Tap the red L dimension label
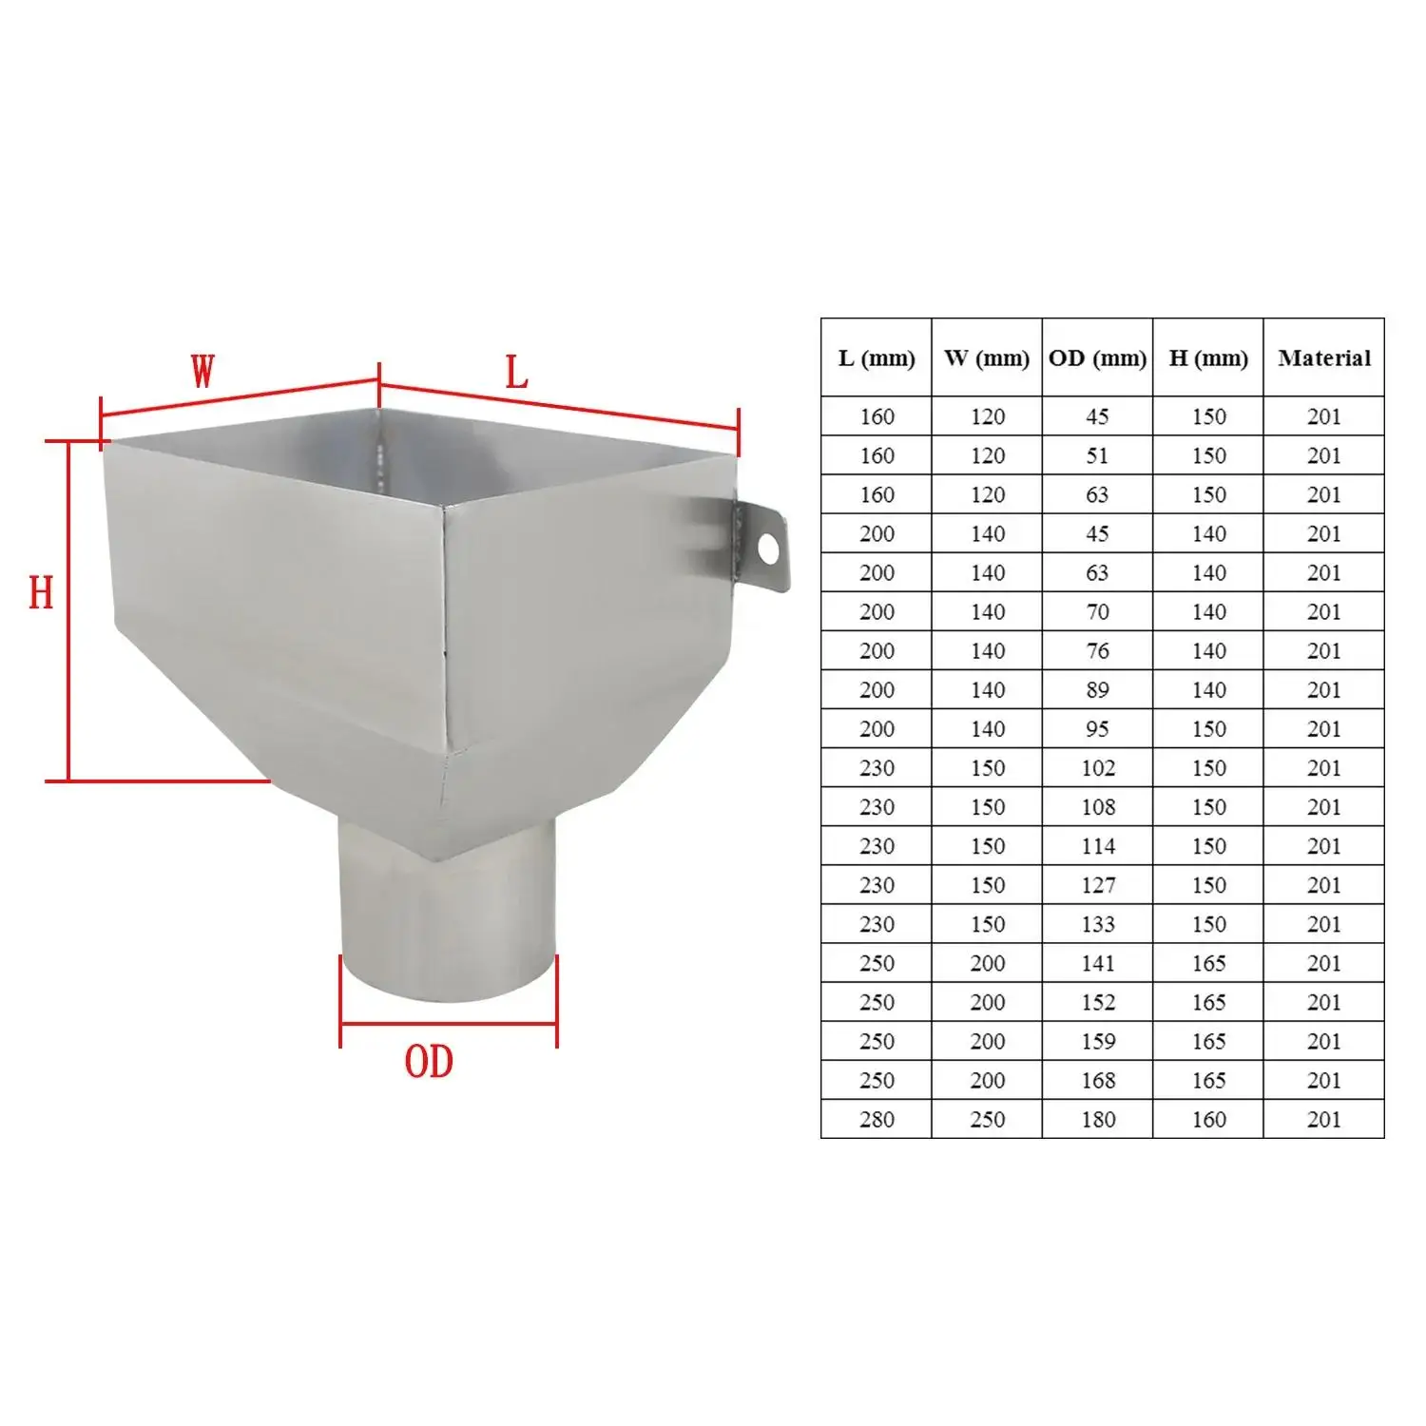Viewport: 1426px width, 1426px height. click(x=516, y=374)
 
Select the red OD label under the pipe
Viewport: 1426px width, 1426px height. click(x=429, y=1062)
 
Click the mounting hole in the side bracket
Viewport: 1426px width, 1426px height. click(x=767, y=549)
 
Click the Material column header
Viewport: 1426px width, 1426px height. click(x=1323, y=358)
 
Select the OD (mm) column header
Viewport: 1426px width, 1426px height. click(x=1097, y=358)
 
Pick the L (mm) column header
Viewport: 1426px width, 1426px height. click(x=876, y=358)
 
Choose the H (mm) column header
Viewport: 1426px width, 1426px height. click(x=1207, y=358)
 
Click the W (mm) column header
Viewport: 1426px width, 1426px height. click(x=987, y=358)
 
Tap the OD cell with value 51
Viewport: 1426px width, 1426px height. click(x=1097, y=455)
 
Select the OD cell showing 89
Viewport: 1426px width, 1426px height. click(x=1097, y=690)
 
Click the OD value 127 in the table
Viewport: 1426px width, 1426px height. click(x=1097, y=885)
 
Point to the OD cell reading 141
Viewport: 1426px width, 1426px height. click(x=1097, y=963)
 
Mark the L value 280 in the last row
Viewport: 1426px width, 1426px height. click(x=876, y=1119)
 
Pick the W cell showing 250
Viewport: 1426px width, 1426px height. click(x=987, y=1119)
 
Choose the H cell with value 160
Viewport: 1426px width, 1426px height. click(x=1207, y=1119)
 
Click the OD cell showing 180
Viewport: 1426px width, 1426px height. click(x=1097, y=1119)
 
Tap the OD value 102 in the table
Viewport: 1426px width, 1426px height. click(x=1097, y=768)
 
